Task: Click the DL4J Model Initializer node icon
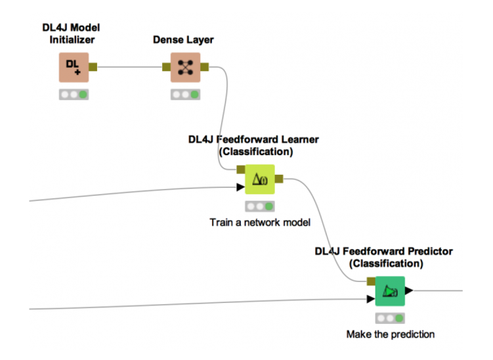74,67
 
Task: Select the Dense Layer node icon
185,67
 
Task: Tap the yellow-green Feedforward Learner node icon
259,179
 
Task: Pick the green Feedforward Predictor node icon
389,291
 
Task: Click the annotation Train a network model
260,222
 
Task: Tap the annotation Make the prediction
390,334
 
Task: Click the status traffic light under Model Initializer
74,95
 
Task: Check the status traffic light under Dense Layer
185,95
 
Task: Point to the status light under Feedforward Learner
259,206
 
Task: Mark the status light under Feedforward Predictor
389,318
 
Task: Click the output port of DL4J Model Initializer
93,66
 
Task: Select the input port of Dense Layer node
166,66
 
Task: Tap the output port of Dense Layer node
205,66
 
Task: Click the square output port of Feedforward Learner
279,178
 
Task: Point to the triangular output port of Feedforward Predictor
408,290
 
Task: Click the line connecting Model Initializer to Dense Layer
129,66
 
